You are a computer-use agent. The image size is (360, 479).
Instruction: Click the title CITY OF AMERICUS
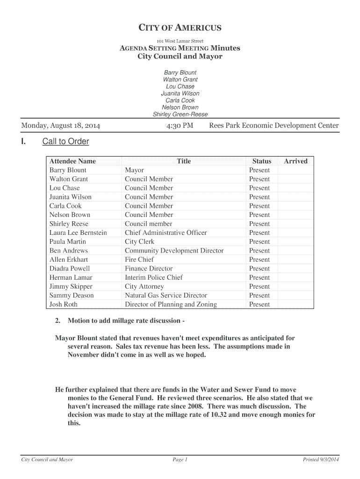click(180, 28)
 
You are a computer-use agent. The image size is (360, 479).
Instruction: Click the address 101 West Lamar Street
click(180, 41)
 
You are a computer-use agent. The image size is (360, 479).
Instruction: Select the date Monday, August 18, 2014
click(60, 126)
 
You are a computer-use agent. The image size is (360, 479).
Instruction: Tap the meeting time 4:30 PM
click(180, 126)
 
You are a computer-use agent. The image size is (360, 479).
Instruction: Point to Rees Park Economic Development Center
click(274, 126)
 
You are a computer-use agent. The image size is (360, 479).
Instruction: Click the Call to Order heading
click(65, 142)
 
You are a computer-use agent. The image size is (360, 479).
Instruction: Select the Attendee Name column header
click(72, 161)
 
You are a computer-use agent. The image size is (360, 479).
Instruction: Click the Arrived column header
click(295, 161)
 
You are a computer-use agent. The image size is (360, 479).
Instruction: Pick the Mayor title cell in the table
click(134, 170)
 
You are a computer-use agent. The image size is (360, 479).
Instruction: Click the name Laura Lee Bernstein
click(78, 233)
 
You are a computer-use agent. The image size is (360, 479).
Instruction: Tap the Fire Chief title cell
click(139, 260)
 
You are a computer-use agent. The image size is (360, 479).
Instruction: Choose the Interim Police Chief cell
click(153, 277)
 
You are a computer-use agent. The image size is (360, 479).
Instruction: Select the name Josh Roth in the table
click(64, 305)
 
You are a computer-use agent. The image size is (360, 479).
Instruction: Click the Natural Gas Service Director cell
click(166, 296)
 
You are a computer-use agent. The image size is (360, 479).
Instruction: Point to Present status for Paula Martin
click(259, 242)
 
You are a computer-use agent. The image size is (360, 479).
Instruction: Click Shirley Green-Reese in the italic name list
click(180, 115)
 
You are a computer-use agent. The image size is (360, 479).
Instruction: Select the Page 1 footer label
click(180, 460)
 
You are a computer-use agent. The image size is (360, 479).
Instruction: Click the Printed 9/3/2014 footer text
click(321, 460)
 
